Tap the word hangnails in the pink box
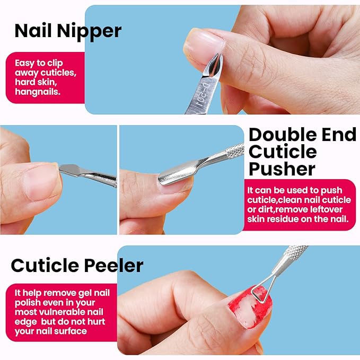[38, 92]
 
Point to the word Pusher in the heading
[282, 169]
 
